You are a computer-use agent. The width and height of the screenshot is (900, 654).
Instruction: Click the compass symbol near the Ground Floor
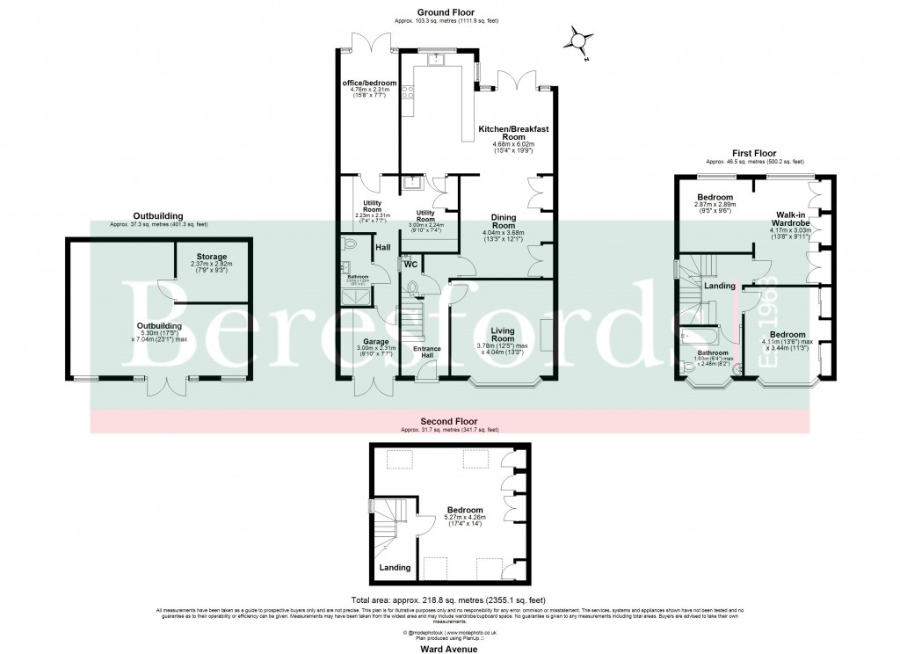tap(577, 40)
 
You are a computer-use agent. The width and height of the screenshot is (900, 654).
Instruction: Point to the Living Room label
tap(502, 334)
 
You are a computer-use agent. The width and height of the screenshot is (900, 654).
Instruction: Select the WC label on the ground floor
tap(410, 264)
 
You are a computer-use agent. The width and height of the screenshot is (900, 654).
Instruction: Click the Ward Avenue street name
tap(449, 649)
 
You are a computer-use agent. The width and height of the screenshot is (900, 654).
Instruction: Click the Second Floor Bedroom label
tap(464, 510)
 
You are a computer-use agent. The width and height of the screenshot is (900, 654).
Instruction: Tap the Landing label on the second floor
tap(395, 568)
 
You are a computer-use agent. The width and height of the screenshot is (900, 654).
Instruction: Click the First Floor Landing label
tap(720, 285)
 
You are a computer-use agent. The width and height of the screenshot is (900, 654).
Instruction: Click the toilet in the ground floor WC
tap(413, 287)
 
